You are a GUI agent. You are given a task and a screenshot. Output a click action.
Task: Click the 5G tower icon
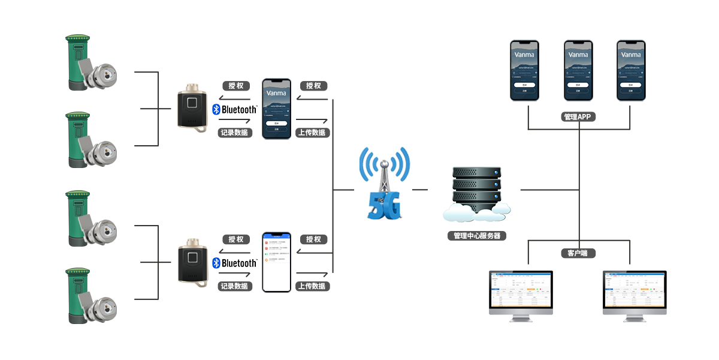[383, 183]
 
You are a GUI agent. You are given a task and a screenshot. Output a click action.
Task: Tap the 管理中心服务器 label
[477, 236]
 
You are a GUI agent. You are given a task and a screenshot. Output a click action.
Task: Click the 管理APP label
[578, 117]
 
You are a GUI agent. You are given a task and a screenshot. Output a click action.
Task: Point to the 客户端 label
[578, 253]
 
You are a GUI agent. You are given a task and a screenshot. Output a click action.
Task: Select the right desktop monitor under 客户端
[634, 296]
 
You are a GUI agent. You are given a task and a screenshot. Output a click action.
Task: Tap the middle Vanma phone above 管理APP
[578, 70]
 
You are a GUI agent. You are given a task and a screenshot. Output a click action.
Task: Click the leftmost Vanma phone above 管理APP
[525, 70]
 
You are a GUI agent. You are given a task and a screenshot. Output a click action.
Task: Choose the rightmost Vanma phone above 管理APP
[632, 70]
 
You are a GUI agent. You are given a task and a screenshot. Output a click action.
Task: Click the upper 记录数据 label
[235, 133]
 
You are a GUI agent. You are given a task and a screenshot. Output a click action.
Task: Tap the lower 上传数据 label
[312, 286]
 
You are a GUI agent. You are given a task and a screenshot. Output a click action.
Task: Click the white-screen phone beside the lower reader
[276, 262]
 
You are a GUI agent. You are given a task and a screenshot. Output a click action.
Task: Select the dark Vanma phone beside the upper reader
[276, 109]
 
